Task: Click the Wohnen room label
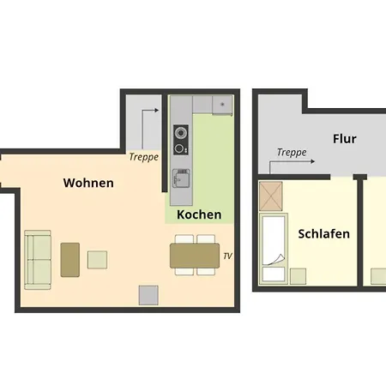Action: click(88, 183)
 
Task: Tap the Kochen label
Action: click(199, 214)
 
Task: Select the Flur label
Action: click(345, 139)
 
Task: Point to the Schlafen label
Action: click(324, 234)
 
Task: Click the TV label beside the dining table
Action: click(227, 256)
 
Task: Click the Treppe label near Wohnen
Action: click(144, 157)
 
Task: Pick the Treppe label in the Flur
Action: click(292, 153)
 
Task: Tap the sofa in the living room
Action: click(38, 260)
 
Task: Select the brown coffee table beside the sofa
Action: click(70, 260)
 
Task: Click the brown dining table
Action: click(195, 256)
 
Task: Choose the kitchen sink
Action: click(181, 178)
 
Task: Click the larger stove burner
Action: click(181, 133)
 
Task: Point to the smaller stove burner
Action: click(179, 148)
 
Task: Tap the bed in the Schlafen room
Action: click(274, 249)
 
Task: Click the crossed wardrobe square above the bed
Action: click(271, 196)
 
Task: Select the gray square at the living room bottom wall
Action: click(148, 295)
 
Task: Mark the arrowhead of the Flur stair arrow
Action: click(313, 161)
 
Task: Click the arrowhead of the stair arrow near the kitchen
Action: click(157, 110)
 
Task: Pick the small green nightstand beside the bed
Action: click(299, 276)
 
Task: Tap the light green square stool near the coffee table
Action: click(97, 260)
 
